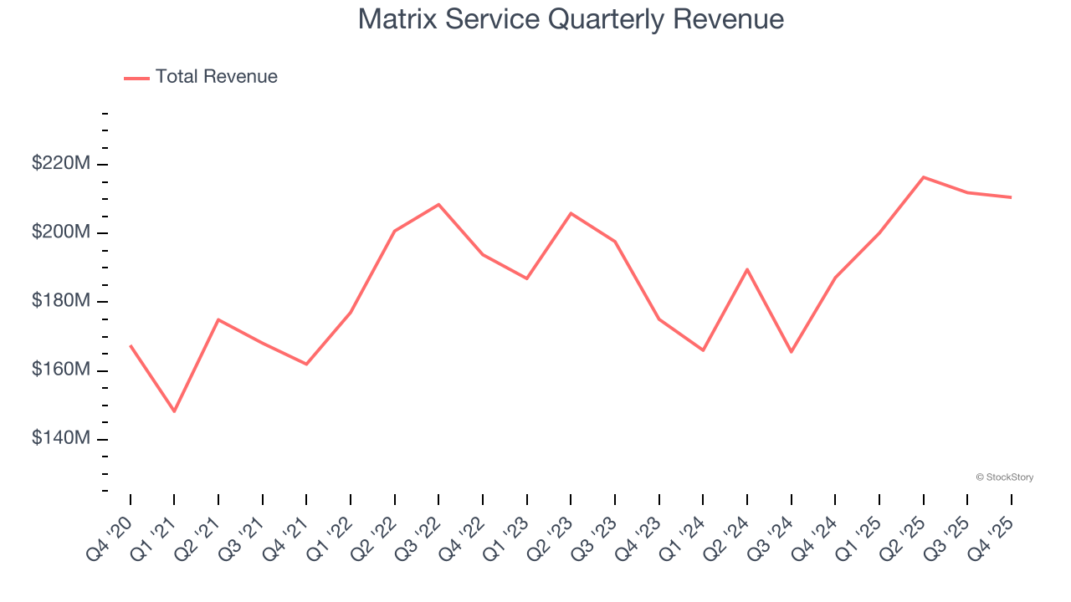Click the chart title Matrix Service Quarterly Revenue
tap(571, 19)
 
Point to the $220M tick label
tap(61, 164)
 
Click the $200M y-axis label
tap(61, 232)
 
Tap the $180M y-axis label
tap(61, 301)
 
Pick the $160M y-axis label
tap(61, 370)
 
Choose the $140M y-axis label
tap(61, 438)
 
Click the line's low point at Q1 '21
tap(174, 411)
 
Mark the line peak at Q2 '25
tap(923, 177)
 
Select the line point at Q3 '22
tap(438, 204)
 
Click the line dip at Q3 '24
tap(791, 352)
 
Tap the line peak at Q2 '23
tap(571, 213)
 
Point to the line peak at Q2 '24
tap(746, 269)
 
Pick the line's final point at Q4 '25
tap(1011, 197)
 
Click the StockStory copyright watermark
tap(1004, 477)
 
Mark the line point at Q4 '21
tap(306, 364)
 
